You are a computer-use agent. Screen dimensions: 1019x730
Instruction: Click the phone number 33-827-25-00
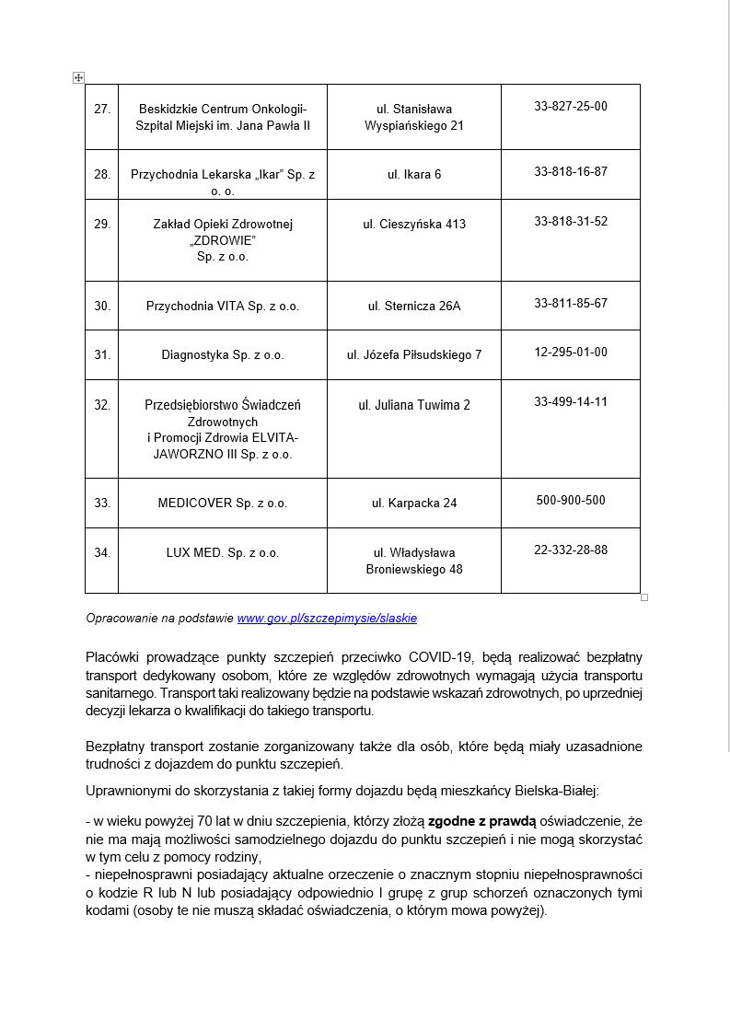click(x=570, y=107)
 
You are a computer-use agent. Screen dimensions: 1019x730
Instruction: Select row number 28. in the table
click(x=102, y=174)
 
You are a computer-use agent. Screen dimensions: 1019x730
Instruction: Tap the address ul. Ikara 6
click(x=414, y=174)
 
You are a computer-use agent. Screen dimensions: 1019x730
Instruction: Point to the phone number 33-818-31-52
click(x=570, y=222)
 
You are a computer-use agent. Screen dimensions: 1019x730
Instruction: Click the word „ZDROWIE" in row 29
click(x=222, y=240)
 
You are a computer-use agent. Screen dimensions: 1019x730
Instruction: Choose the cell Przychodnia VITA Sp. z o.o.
click(x=223, y=306)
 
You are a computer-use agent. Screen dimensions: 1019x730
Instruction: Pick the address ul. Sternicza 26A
click(x=414, y=306)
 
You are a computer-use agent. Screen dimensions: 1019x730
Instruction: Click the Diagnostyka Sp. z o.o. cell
click(x=223, y=354)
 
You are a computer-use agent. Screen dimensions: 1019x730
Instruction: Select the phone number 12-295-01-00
click(x=570, y=353)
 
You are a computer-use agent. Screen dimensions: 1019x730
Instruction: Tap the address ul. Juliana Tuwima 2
click(x=414, y=405)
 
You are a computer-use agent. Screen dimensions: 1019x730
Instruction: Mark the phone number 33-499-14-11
click(x=570, y=402)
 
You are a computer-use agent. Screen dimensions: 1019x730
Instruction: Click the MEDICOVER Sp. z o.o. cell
click(x=223, y=504)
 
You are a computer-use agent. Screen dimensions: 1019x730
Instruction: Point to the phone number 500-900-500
click(x=570, y=501)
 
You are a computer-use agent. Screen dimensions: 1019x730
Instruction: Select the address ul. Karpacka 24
click(x=414, y=504)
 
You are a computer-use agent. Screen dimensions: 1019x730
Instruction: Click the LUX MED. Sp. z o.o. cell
click(x=223, y=553)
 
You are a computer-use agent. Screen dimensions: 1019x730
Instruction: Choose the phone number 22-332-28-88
click(x=570, y=550)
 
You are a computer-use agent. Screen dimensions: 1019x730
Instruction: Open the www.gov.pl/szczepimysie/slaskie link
click(x=327, y=619)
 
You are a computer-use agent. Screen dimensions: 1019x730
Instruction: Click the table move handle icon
click(x=78, y=78)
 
